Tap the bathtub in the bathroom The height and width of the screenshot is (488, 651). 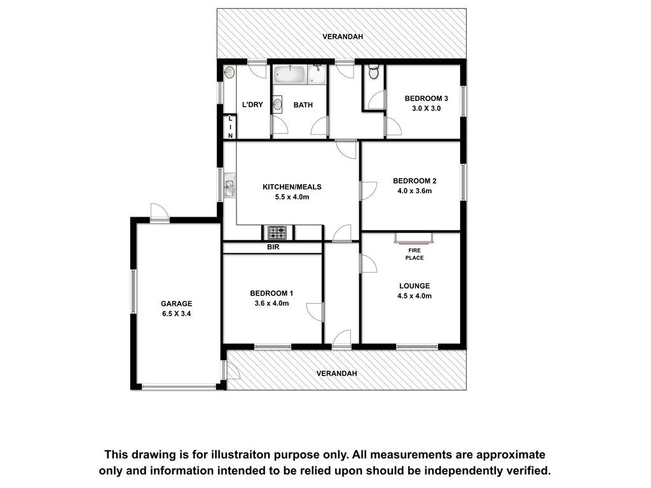point(289,75)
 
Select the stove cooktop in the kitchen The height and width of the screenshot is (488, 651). point(277,233)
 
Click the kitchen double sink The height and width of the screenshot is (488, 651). point(229,186)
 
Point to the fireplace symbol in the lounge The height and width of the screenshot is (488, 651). point(414,238)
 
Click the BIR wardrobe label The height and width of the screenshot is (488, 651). point(273,247)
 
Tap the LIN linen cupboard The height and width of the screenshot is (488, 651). point(230,127)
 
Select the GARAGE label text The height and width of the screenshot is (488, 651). point(177,304)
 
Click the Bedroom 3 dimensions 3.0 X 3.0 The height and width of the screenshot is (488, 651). point(427,108)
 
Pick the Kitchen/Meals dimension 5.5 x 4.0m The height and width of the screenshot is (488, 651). point(292,197)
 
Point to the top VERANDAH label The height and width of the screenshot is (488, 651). point(343,36)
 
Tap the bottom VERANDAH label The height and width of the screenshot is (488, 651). point(337,374)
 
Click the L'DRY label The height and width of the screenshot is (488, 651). point(252,105)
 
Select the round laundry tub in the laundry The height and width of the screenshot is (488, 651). point(229,72)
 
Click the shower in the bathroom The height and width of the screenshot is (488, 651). point(317,75)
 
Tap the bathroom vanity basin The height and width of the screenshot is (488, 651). point(277,104)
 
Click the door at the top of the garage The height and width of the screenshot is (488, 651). point(160,212)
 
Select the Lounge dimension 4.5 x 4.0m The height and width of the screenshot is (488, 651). point(415,296)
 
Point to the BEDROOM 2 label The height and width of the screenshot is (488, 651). point(415,181)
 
